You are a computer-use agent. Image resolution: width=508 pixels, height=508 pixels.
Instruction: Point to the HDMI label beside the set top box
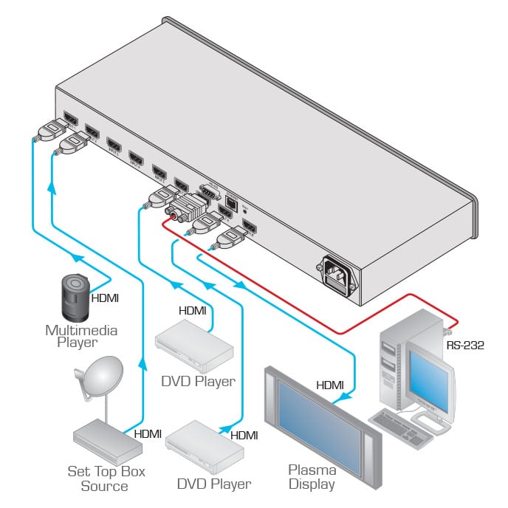tap(148, 434)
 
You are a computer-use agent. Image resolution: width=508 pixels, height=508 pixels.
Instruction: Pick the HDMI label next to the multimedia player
tap(104, 298)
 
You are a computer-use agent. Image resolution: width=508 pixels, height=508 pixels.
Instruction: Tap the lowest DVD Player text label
tap(213, 484)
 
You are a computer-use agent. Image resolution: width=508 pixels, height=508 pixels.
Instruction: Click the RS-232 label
tap(464, 345)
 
